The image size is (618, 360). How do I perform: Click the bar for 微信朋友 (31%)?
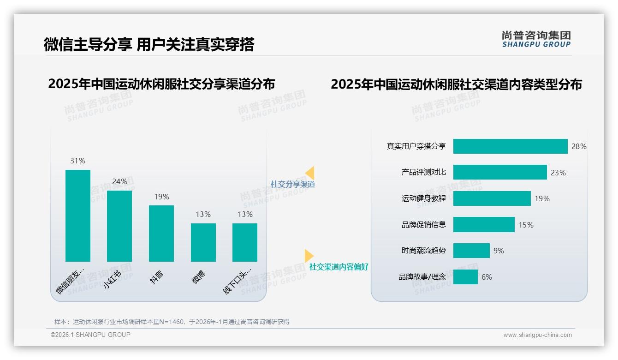coord(78,216)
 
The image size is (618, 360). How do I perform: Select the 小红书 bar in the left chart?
coord(119,226)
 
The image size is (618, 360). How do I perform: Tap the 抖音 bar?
coord(161,234)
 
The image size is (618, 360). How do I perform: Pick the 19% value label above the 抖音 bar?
coord(161,197)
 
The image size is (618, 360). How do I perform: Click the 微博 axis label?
coord(199,276)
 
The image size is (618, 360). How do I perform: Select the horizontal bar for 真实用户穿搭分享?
coord(510,146)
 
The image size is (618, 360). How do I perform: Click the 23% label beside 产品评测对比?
coord(558,173)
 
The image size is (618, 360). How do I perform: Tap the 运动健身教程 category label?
coord(424,198)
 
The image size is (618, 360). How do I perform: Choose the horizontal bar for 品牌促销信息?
coord(484,225)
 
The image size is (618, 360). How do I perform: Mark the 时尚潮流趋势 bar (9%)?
coord(471,251)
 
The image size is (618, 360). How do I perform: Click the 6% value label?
coord(487,277)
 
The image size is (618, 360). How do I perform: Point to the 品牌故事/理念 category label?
coord(422,277)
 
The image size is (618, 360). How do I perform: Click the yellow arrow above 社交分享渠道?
coord(310,173)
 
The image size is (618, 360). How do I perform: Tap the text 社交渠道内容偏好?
coord(339,267)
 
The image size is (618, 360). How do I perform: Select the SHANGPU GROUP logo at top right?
coord(536,39)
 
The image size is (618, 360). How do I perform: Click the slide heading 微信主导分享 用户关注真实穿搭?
coord(149,45)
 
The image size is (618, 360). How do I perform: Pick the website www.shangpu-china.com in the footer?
coord(537,335)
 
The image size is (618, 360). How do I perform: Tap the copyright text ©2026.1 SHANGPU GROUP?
coord(90,335)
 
